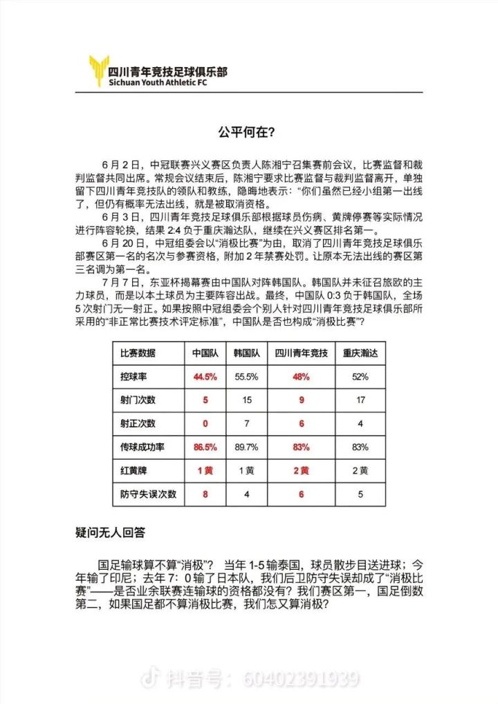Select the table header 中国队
pos(205,353)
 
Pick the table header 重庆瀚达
pos(360,353)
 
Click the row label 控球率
pos(133,377)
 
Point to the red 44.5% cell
pos(205,377)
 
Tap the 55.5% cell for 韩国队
pos(246,377)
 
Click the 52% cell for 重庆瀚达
pos(360,377)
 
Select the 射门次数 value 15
pos(246,400)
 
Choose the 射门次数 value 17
pos(360,400)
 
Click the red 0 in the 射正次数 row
pos(205,423)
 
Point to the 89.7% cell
pos(246,447)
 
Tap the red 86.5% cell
pos(205,447)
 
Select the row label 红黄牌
pos(133,471)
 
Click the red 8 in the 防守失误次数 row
pos(205,494)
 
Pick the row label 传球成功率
pos(138,447)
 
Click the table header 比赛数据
pos(138,353)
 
